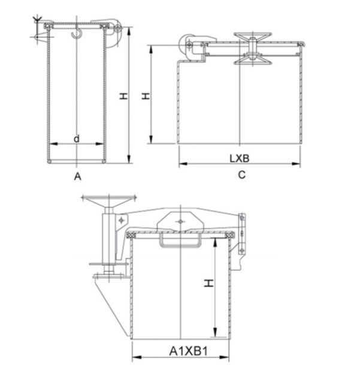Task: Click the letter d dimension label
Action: (x=76, y=139)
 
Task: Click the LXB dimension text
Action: (x=240, y=158)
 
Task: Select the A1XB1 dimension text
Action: (x=189, y=351)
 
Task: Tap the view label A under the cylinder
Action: (x=78, y=176)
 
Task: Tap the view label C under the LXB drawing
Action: (x=241, y=175)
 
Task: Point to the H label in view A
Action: (x=123, y=96)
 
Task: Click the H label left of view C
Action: (x=146, y=96)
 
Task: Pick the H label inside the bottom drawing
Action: (x=209, y=283)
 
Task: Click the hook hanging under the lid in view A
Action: (x=76, y=34)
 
